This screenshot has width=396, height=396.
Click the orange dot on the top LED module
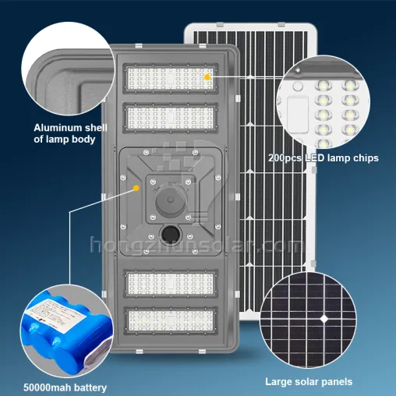pos(207,77)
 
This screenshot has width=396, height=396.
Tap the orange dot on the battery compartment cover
pos(136,188)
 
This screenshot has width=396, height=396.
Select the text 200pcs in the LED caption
pos(285,158)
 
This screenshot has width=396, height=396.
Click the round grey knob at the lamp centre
pos(171,200)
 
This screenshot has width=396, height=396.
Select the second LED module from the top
pos(171,118)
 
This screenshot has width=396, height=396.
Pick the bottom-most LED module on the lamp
pos(171,320)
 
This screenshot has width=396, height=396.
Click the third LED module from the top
pos(171,284)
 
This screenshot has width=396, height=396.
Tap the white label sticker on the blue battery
pos(57,315)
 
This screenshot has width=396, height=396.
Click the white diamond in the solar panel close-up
pos(324,319)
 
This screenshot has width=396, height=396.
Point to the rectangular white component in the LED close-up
pos(298,115)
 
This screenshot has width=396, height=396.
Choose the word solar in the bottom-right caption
pos(307,382)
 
